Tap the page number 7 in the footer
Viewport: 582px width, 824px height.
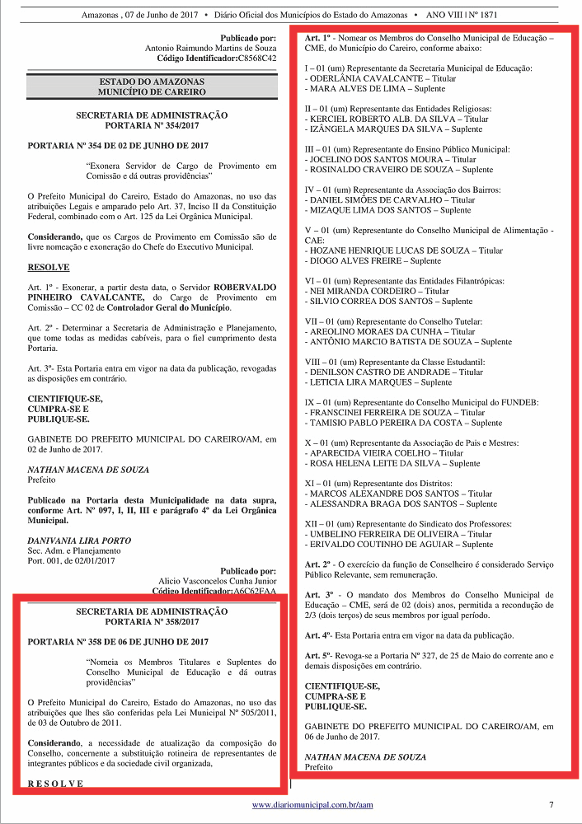[551, 804]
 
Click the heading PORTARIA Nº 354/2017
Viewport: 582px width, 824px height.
[152, 126]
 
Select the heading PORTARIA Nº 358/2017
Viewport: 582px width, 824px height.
[152, 622]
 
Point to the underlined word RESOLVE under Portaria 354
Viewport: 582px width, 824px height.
[49, 268]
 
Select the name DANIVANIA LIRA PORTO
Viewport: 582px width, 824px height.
[79, 541]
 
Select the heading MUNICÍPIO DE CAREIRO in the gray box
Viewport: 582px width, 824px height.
[152, 92]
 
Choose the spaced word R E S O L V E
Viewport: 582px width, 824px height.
[55, 783]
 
